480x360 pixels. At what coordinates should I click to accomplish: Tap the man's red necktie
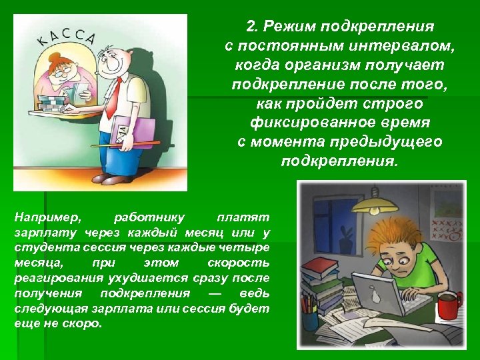click(115, 97)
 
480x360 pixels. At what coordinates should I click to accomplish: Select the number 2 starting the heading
click(251, 27)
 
